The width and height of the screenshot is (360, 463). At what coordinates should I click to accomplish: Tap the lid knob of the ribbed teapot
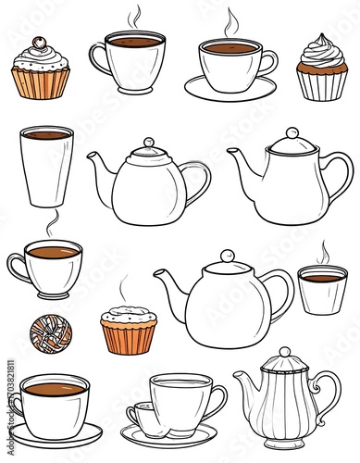tap(286, 353)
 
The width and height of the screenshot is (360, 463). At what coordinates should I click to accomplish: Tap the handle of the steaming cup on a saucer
tap(269, 62)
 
